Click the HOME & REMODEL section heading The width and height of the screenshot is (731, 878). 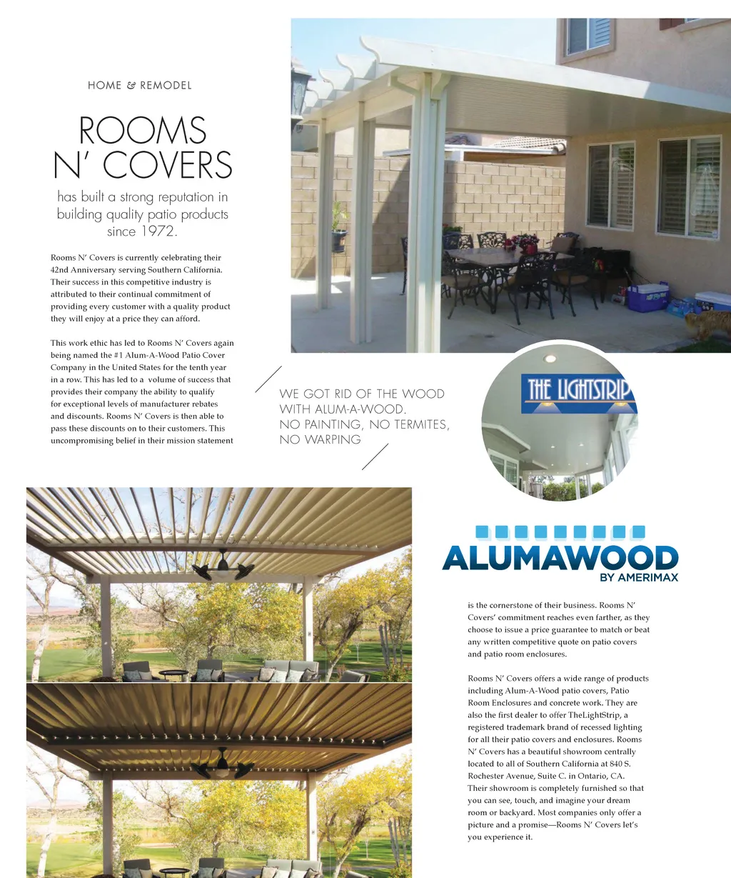(x=140, y=85)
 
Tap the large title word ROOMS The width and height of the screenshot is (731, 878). (x=143, y=131)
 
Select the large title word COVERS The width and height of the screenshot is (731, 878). (x=168, y=165)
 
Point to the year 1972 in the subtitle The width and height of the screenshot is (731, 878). (x=158, y=231)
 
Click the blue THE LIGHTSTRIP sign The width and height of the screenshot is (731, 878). (x=578, y=391)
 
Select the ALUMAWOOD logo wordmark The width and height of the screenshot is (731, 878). (x=560, y=558)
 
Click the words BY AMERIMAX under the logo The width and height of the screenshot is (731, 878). (x=639, y=577)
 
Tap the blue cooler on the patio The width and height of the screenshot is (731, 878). (x=648, y=296)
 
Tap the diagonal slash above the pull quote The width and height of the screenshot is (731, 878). (x=268, y=379)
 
